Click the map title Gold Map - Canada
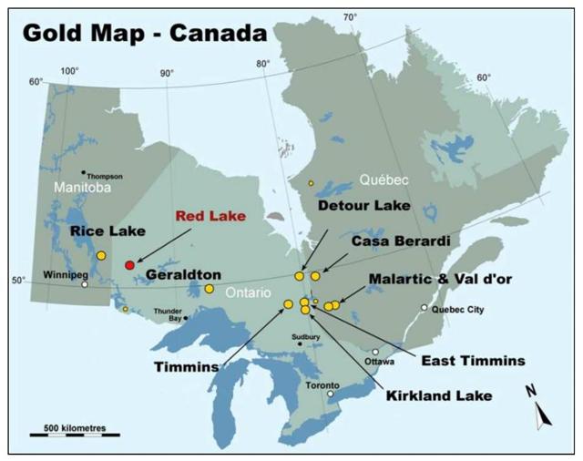(x=145, y=33)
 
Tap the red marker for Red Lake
(x=129, y=264)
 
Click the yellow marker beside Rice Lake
(x=101, y=256)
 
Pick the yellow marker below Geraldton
(x=209, y=289)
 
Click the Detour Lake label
(x=363, y=207)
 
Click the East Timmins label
(x=473, y=361)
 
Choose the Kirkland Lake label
(x=439, y=395)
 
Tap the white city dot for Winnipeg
(x=85, y=284)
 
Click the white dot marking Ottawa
(x=375, y=352)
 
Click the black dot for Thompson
(x=83, y=172)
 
